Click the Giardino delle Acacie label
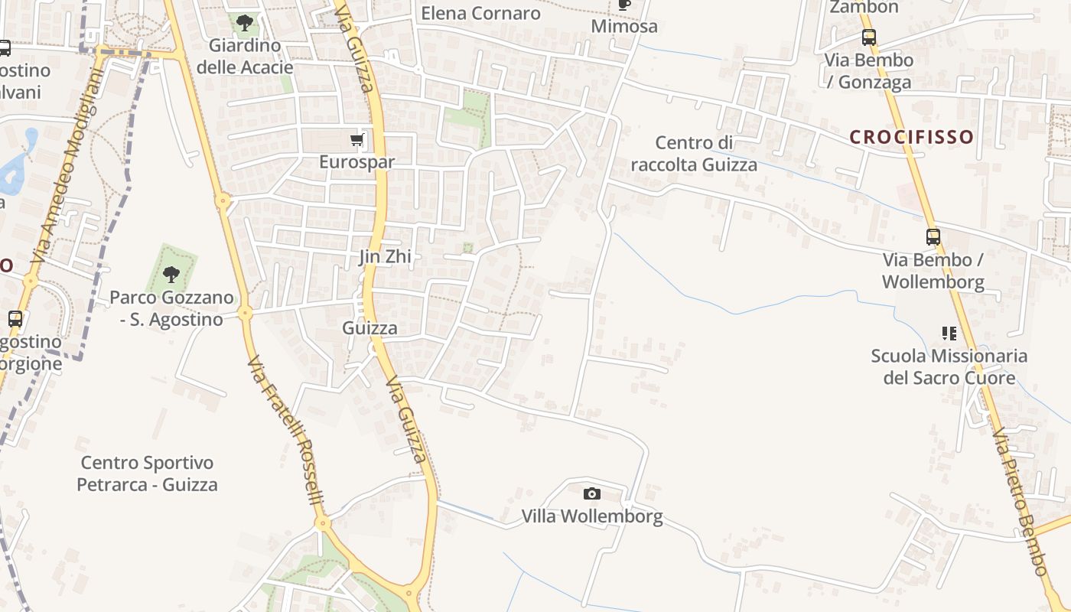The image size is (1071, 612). click(245, 56)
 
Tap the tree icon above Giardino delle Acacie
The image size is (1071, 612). click(245, 23)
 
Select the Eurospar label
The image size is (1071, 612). click(357, 162)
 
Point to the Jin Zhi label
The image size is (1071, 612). click(386, 257)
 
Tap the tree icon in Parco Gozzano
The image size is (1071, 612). click(171, 273)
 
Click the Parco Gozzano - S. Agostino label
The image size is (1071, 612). click(171, 308)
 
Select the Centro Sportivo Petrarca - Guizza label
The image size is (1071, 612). click(147, 474)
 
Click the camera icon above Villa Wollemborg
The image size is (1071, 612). click(592, 494)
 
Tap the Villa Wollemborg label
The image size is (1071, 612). click(592, 516)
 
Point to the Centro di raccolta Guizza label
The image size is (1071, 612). click(695, 154)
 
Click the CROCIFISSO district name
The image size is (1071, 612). click(912, 138)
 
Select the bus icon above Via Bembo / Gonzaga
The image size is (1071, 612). click(868, 37)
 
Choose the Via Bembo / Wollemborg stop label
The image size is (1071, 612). click(933, 271)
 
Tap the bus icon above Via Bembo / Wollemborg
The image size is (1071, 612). click(933, 237)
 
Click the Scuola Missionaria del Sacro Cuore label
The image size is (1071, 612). click(949, 366)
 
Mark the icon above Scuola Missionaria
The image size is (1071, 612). click(949, 333)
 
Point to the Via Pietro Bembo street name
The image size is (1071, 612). click(1019, 501)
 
